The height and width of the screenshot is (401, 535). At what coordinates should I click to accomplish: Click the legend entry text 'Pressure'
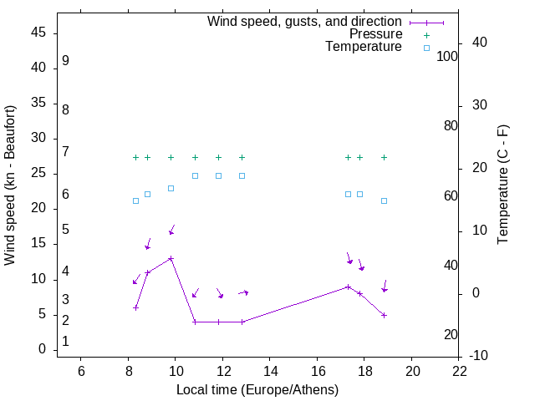point(375,34)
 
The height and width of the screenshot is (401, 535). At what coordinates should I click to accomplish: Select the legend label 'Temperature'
point(364,47)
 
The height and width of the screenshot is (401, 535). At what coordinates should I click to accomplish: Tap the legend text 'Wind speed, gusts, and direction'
point(304,22)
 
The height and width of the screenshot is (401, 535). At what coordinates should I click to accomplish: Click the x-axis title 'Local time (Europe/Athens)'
point(257,390)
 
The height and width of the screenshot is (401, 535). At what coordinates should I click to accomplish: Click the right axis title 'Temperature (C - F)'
point(502,185)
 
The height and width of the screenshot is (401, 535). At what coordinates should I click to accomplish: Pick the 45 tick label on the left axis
point(38,33)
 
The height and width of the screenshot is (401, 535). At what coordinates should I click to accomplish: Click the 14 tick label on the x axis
point(270,372)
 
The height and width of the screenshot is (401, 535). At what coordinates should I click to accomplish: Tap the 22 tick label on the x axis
point(459,372)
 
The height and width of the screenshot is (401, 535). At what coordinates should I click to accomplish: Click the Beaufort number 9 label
point(65,62)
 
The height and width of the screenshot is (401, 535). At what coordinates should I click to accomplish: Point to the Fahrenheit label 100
point(448,56)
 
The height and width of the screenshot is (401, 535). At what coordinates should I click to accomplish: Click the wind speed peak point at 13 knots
point(171,258)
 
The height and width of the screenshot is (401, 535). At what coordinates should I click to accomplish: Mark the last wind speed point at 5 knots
point(384,315)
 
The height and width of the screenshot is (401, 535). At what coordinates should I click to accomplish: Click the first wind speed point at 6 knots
point(135,307)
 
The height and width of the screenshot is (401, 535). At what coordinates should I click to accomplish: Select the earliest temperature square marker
point(135,200)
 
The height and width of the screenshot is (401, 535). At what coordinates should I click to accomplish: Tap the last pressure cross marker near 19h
point(384,157)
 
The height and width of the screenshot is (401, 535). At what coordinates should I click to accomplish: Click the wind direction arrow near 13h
point(243,292)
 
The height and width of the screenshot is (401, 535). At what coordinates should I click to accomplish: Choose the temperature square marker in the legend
point(426,48)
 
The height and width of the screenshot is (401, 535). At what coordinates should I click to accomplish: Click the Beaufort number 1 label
point(65,342)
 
